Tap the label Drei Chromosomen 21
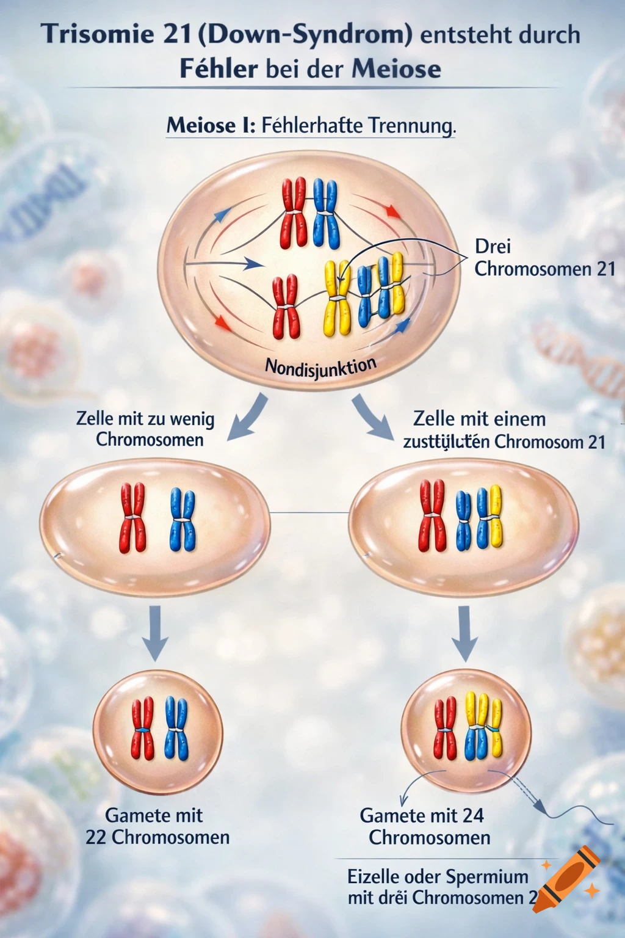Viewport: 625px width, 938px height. tap(544, 258)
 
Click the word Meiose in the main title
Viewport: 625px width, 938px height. tap(396, 68)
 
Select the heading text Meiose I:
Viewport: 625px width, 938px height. tap(211, 126)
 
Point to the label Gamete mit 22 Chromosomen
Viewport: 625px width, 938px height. tap(157, 826)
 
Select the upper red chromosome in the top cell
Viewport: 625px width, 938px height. tap(293, 213)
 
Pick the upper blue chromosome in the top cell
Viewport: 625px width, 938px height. tap(326, 213)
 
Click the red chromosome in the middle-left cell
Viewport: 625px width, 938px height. tap(132, 518)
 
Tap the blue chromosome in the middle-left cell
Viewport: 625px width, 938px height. tap(182, 519)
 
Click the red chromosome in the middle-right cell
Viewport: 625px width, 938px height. tap(432, 516)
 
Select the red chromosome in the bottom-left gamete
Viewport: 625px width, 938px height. tap(143, 729)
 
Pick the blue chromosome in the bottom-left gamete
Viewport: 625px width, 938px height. tap(176, 729)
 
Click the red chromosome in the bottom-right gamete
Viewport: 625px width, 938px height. tap(445, 729)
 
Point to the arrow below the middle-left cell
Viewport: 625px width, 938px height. tap(155, 633)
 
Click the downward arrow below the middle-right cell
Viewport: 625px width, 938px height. tap(465, 633)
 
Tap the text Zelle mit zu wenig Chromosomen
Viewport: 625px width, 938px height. tap(146, 429)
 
